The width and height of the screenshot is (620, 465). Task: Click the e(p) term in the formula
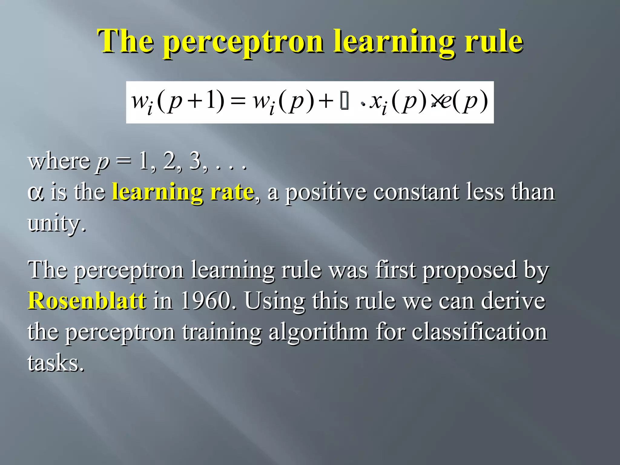tap(463, 101)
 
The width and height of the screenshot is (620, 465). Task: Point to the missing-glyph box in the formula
tap(344, 102)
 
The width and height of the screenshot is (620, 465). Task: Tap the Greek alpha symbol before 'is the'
tap(35, 193)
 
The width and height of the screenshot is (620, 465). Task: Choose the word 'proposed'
tap(470, 270)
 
